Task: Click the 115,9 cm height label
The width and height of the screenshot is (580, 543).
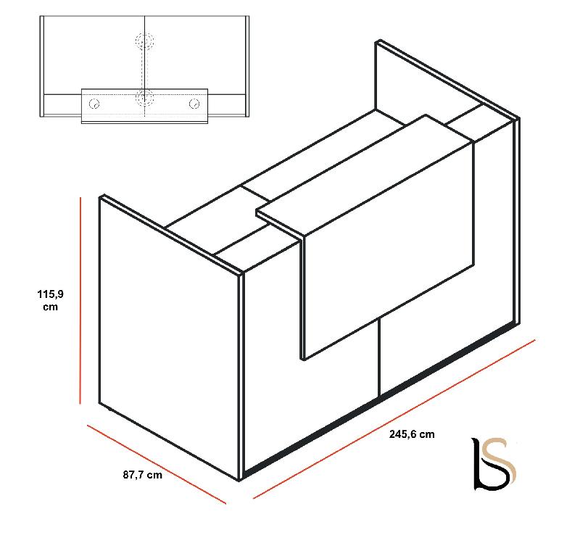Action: [x=50, y=300]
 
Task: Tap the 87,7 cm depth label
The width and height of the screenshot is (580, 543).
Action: [x=142, y=476]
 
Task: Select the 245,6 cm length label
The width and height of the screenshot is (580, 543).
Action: [x=412, y=435]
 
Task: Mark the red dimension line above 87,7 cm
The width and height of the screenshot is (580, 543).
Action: [x=156, y=463]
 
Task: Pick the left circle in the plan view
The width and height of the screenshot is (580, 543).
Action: [x=94, y=104]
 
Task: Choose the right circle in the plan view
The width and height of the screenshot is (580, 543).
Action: [x=194, y=104]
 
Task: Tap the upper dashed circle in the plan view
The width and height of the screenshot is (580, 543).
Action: [x=144, y=41]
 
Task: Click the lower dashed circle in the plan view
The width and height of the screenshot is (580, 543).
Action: [x=144, y=96]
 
